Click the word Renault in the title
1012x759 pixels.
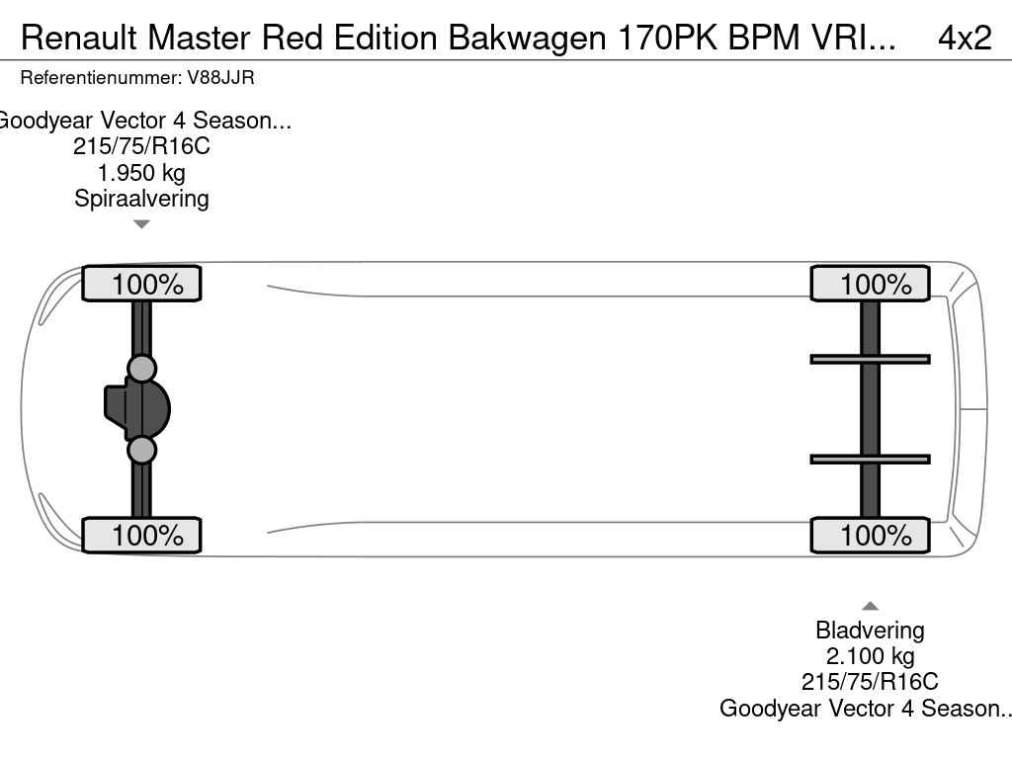[79, 38]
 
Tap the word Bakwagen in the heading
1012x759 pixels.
[528, 38]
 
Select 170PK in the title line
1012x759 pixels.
[667, 38]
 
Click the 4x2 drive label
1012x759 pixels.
[965, 38]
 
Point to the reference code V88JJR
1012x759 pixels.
[220, 78]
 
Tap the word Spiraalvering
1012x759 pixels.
[141, 198]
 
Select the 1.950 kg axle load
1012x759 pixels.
[141, 172]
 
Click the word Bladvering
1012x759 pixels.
[870, 630]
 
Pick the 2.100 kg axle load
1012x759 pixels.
[870, 656]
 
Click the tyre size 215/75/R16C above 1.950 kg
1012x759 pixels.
[141, 146]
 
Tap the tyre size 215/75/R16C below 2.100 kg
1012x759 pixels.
[870, 682]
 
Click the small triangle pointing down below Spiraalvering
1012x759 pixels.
[141, 224]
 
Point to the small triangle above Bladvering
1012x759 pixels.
[870, 606]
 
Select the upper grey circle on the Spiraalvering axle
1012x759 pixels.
[141, 369]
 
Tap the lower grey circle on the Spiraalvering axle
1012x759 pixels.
[141, 450]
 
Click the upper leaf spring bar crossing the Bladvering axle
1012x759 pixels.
[870, 360]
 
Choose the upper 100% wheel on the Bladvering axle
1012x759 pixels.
[870, 284]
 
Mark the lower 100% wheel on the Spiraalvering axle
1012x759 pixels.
[141, 535]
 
